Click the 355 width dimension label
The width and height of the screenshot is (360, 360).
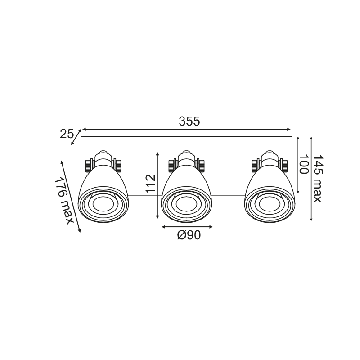point(189,121)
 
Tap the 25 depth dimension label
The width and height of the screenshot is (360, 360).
point(67,134)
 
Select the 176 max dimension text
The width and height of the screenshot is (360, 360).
point(63,201)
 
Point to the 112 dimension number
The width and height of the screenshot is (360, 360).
point(151,184)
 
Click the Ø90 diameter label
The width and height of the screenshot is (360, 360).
point(189,235)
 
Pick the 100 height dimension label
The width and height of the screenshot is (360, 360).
point(303,164)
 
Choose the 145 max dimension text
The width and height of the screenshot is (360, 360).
point(318,179)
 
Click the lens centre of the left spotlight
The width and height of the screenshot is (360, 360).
point(103,204)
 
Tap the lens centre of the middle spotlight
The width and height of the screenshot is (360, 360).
point(186,204)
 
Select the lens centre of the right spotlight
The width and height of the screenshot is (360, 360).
point(270,204)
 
